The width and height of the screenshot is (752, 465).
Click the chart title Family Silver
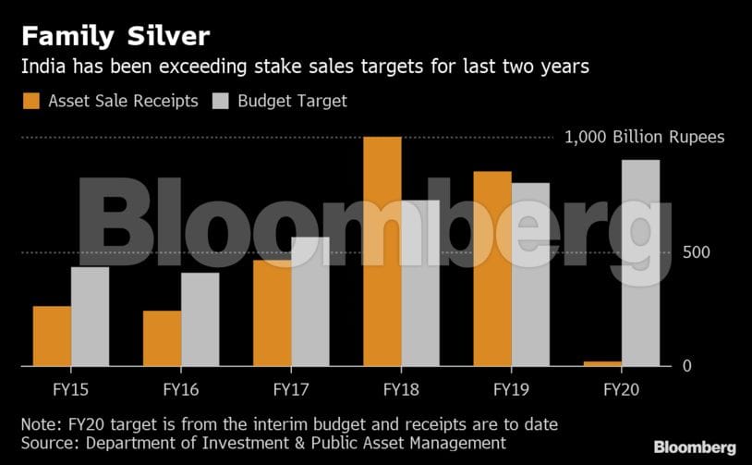[115, 36]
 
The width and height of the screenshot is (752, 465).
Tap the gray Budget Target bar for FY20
[640, 263]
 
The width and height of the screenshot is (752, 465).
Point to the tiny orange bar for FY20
[602, 363]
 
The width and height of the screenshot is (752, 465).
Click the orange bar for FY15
[52, 336]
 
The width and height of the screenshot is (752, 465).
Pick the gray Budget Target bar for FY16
[200, 319]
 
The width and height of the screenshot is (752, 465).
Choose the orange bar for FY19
[491, 268]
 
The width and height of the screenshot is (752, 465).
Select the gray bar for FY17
[309, 301]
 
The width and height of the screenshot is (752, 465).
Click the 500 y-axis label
[697, 253]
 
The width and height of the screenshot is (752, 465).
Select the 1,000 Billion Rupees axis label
[644, 138]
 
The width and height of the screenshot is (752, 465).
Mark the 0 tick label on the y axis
[686, 366]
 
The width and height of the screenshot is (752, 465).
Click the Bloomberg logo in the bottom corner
[695, 447]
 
